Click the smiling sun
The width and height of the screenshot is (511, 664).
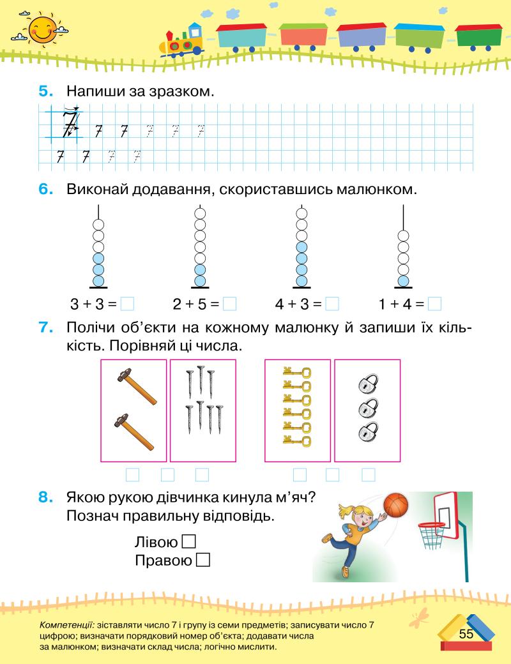click(x=42, y=29)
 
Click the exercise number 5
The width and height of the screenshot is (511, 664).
click(x=45, y=91)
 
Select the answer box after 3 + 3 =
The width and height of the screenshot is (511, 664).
click(x=127, y=304)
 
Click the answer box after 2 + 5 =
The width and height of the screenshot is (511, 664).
click(x=230, y=304)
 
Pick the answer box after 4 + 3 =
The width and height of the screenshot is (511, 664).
click(x=332, y=304)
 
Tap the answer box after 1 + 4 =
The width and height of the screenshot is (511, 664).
click(x=435, y=304)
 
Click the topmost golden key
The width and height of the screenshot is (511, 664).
click(x=297, y=372)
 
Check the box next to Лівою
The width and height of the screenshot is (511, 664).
click(x=188, y=542)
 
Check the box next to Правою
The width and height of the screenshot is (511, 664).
click(x=204, y=561)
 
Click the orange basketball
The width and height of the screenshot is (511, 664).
click(x=395, y=505)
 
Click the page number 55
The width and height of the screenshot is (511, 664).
click(x=466, y=633)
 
